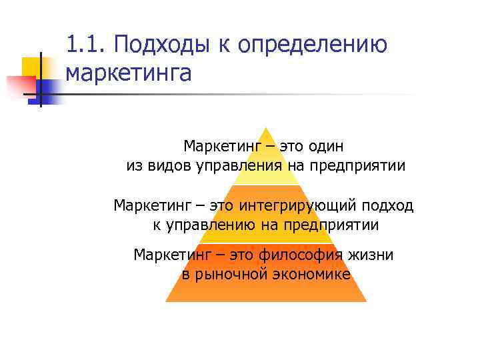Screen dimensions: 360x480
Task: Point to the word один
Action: [325, 145]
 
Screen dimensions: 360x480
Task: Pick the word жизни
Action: [369, 254]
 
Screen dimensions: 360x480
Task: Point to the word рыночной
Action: [227, 274]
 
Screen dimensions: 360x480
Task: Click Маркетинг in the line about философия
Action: [169, 254]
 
